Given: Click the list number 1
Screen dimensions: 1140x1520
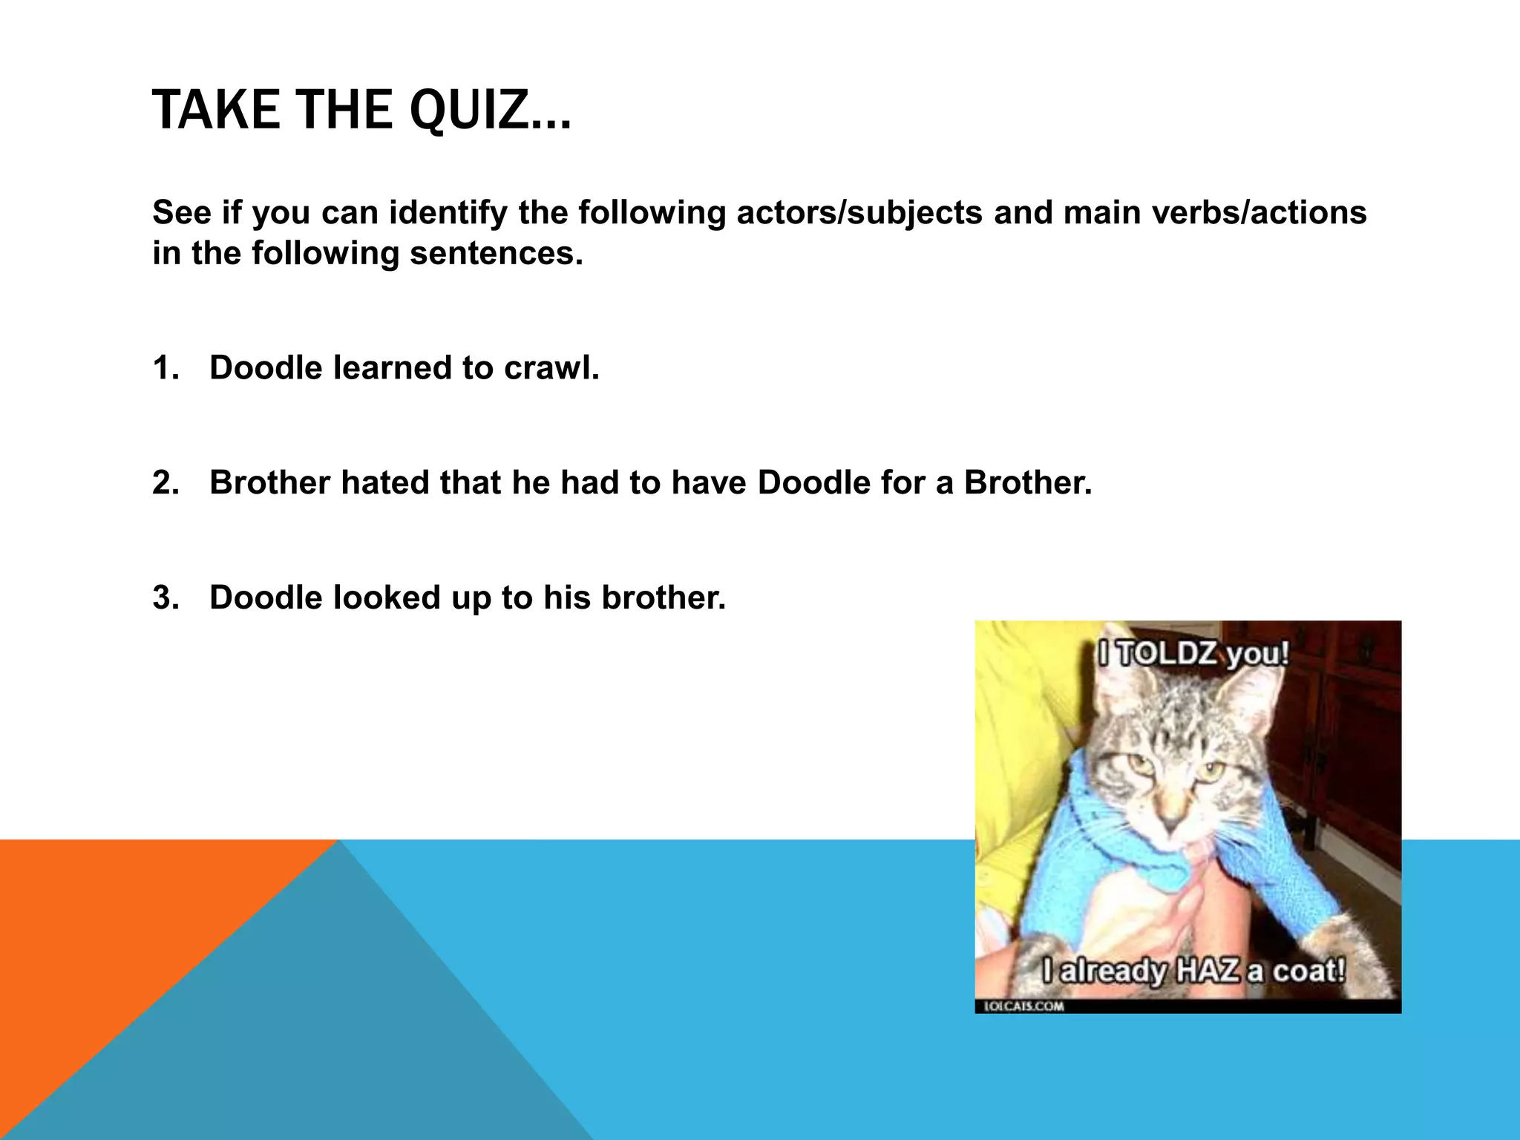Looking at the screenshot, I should [x=164, y=368].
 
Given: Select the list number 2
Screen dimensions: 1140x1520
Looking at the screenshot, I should [x=165, y=483].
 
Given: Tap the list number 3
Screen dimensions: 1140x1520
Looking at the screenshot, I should [x=165, y=598].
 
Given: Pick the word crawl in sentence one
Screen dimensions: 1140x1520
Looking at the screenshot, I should [x=551, y=368].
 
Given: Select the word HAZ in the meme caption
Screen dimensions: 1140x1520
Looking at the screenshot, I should [x=1208, y=970].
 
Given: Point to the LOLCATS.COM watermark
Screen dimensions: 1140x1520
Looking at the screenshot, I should [x=1023, y=1006].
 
